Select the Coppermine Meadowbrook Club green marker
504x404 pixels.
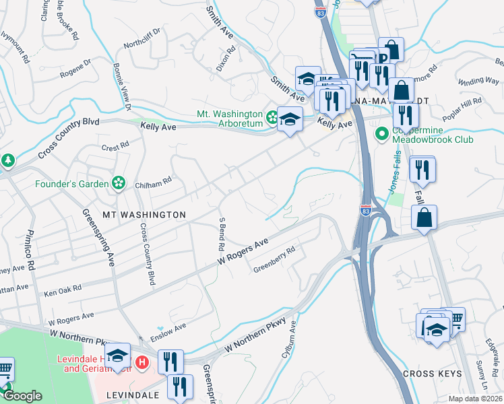[x=382, y=135]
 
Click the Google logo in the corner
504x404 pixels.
[x=22, y=396]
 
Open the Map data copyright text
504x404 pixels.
[x=475, y=399]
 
